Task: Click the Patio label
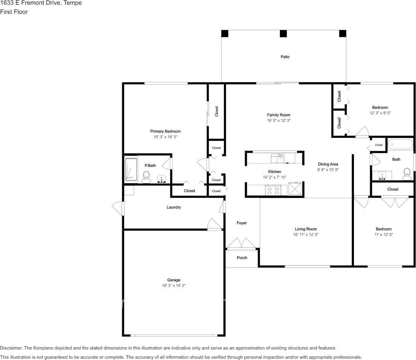click(x=285, y=57)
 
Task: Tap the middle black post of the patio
click(x=283, y=33)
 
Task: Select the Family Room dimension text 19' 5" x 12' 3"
click(x=278, y=120)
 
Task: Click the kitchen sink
click(x=277, y=158)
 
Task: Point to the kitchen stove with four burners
click(x=273, y=190)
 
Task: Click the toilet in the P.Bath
click(x=146, y=177)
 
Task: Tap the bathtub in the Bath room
click(x=400, y=145)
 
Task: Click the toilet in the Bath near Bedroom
click(x=407, y=174)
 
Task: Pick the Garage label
click(x=174, y=280)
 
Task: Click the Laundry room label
click(x=174, y=207)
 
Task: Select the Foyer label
click(x=242, y=223)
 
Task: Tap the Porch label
click(x=242, y=258)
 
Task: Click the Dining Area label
click(x=328, y=164)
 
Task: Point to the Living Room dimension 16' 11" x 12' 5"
click(x=306, y=235)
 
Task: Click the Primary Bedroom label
click(x=166, y=131)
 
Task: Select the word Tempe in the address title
click(x=72, y=3)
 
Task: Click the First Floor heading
click(x=14, y=12)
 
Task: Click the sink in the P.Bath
click(x=162, y=179)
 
